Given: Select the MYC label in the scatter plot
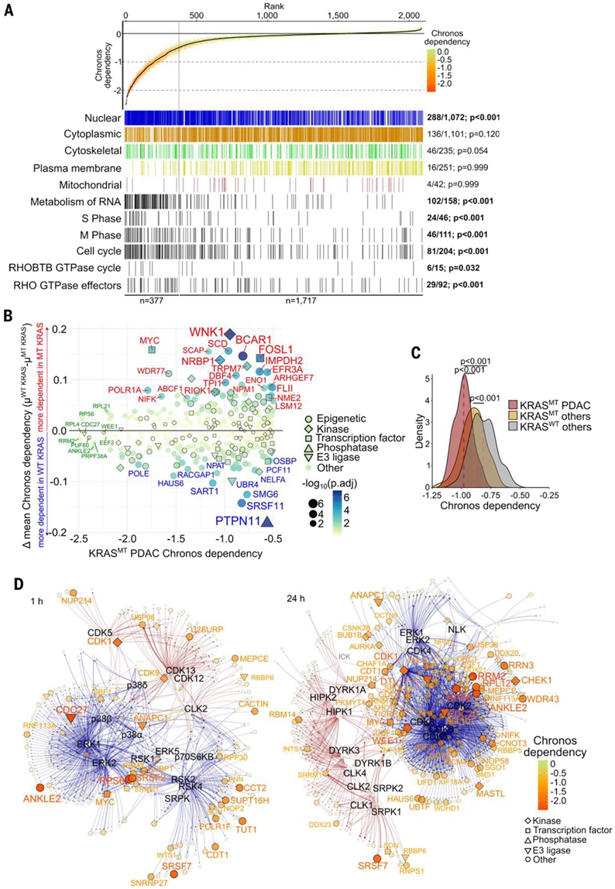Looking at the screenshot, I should click(150, 340).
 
